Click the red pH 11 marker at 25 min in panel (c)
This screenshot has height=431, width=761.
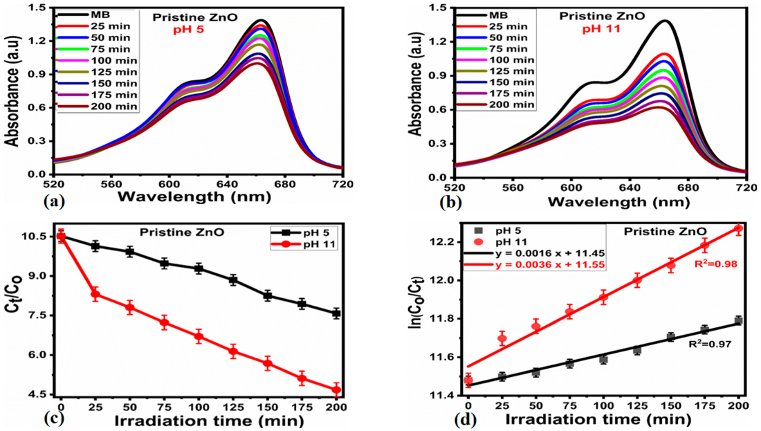click(95, 294)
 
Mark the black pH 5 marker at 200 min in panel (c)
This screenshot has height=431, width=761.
click(336, 313)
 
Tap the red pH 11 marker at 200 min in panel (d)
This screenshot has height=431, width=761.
click(738, 228)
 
